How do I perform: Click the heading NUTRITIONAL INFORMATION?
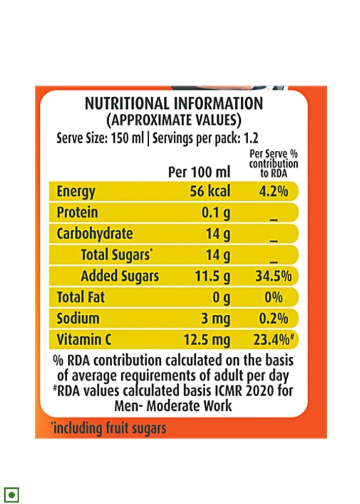pos(173,104)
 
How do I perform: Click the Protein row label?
pos(77,213)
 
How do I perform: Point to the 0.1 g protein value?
pos(216,213)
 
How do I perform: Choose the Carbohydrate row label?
pos(95,234)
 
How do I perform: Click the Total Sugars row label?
pos(116,255)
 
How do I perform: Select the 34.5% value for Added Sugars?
pos(272,276)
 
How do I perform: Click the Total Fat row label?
pos(81,297)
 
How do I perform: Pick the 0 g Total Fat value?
pos(221,298)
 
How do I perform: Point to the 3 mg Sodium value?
pos(216,319)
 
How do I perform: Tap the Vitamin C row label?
pos(84,340)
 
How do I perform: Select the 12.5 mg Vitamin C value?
pos(207,340)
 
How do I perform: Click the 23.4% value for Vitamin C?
pos(274,340)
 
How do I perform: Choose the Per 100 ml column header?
pos(199,172)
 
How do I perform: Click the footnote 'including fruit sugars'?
pos(108,429)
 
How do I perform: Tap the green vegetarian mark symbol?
pos(12,494)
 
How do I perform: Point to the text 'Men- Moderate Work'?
pos(173,406)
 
